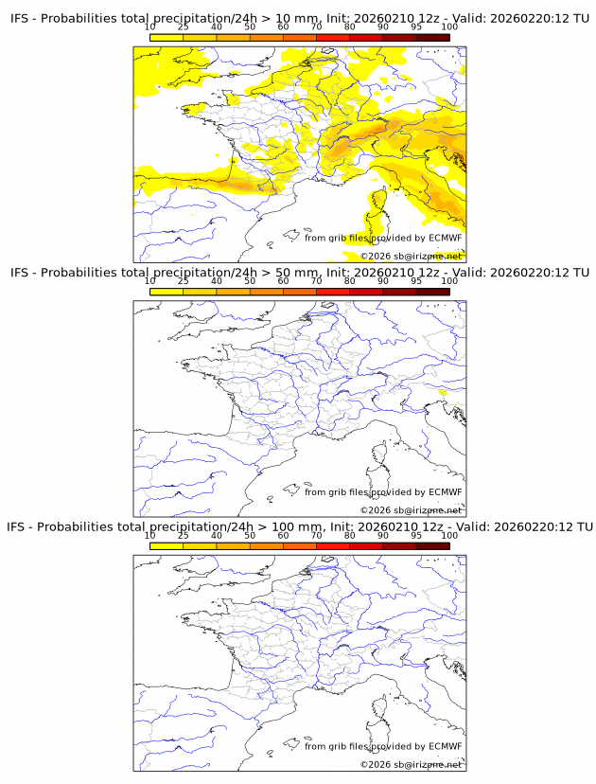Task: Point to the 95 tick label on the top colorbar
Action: pyautogui.click(x=415, y=27)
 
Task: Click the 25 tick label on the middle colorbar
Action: pyautogui.click(x=184, y=281)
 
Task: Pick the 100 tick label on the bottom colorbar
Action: pyautogui.click(x=449, y=535)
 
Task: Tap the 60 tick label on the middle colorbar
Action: pyautogui.click(x=283, y=281)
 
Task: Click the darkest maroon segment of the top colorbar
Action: pyautogui.click(x=432, y=37)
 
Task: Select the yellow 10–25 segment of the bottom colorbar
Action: pyautogui.click(x=167, y=545)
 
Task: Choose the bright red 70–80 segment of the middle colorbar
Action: pyautogui.click(x=333, y=292)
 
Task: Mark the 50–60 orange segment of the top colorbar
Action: pyautogui.click(x=266, y=37)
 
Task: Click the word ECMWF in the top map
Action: pyautogui.click(x=445, y=238)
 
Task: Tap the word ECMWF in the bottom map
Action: pyautogui.click(x=445, y=746)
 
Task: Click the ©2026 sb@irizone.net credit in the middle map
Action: pyautogui.click(x=411, y=510)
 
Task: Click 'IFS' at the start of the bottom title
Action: pyautogui.click(x=18, y=526)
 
